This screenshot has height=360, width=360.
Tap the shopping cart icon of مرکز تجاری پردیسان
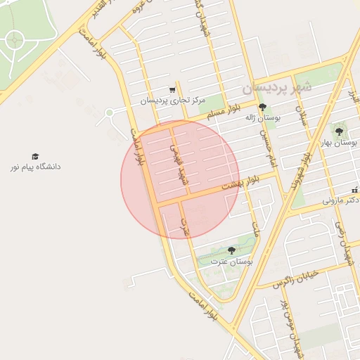coord(172,90)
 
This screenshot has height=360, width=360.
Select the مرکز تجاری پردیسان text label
coord(172,101)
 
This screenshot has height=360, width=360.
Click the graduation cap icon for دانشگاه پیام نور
coord(35,156)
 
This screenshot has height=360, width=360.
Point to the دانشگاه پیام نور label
coord(35,167)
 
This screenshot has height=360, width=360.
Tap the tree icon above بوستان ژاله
coord(262,107)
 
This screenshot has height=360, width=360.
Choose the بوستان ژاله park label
coord(262,118)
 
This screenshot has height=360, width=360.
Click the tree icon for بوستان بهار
coord(339,131)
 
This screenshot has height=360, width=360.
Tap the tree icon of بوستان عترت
coord(231,250)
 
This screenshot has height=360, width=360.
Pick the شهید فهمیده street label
coord(179,165)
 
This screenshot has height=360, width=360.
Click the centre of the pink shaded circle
coord(180,179)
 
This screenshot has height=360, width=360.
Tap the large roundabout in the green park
coord(15,41)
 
